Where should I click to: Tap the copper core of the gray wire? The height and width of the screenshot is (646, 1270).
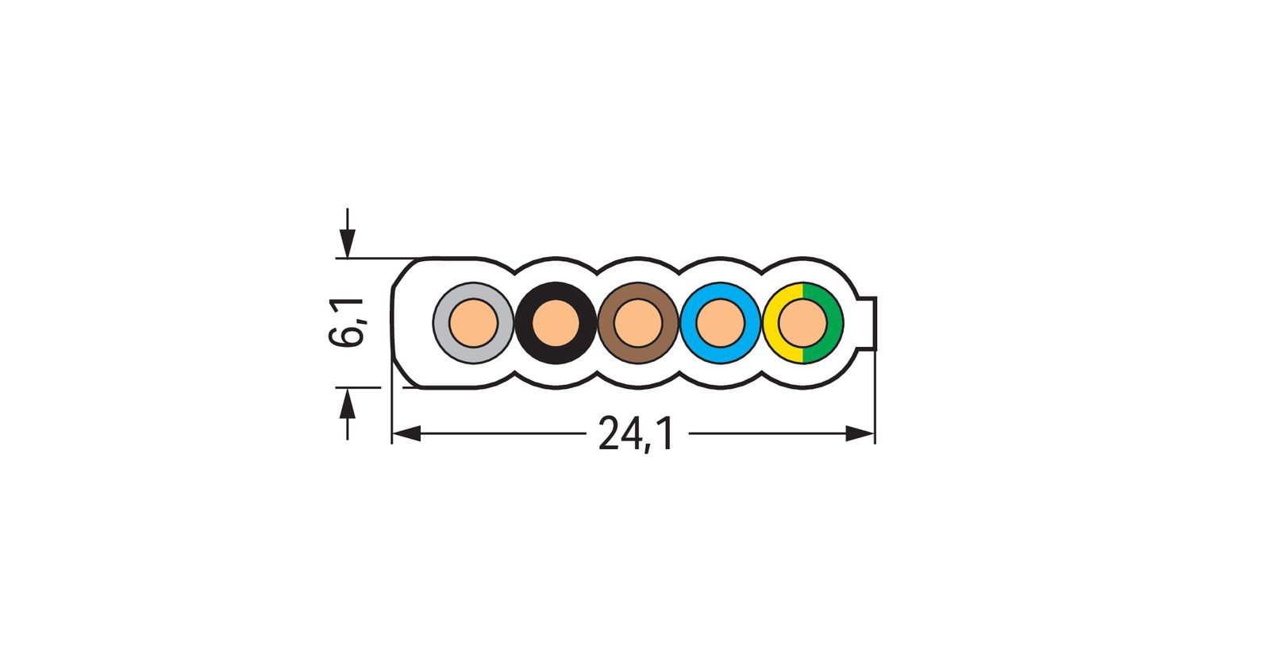point(473,323)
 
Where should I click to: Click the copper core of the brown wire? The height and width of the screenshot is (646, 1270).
point(638,323)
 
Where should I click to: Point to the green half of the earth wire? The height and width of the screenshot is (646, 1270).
point(833,323)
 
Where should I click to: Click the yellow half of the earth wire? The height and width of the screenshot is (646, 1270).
point(772,323)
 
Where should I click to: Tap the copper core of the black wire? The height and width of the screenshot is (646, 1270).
point(556,323)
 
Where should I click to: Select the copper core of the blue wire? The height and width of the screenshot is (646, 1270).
point(721,323)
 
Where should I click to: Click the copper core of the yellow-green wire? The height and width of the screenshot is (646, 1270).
point(802,323)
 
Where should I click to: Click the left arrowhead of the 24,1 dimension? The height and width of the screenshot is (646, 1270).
point(406,433)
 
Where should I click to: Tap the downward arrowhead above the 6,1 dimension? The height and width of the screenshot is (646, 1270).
point(347,243)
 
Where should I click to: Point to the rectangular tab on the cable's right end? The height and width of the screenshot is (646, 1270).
point(868,323)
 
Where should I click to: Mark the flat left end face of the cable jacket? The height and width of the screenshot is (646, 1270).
point(394,323)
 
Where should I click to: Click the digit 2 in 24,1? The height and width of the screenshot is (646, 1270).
point(609,434)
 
